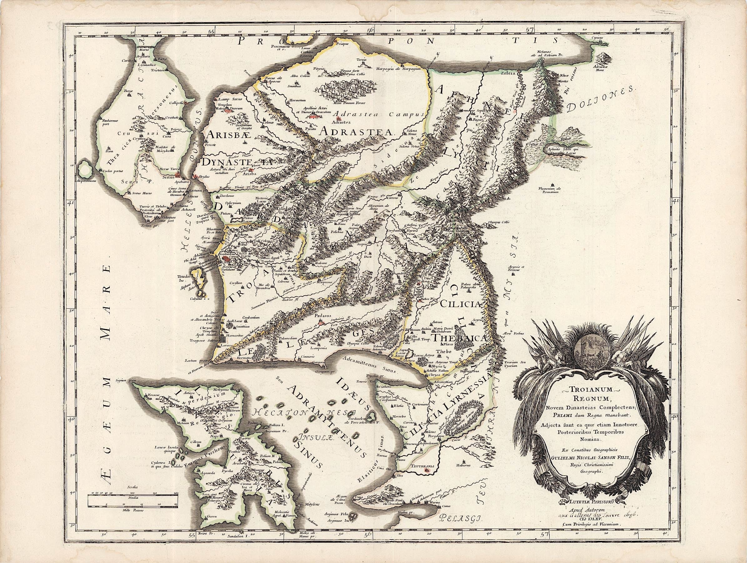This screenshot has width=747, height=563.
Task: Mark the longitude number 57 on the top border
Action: tap(528, 29)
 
